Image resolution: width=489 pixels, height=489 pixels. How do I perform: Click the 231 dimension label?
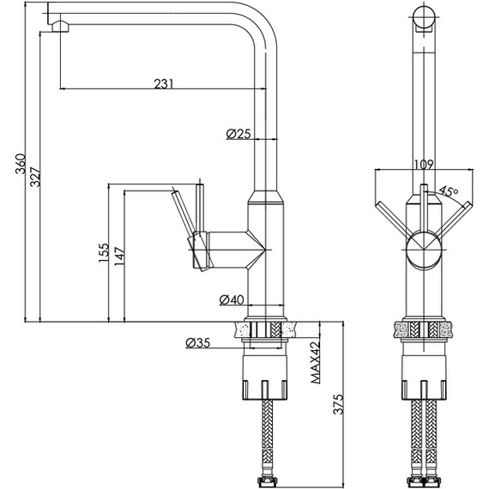(163, 83)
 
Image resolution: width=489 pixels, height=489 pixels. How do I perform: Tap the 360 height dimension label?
(21, 163)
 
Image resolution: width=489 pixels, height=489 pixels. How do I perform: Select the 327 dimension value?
(35, 177)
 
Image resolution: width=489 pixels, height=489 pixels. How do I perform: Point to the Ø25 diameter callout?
(238, 134)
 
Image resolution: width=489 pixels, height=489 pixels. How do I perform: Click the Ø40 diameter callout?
(232, 299)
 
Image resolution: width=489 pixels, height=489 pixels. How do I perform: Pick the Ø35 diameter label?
(198, 343)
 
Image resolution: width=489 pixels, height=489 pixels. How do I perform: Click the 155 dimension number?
(104, 252)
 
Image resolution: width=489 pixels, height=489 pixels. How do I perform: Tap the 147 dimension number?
(119, 257)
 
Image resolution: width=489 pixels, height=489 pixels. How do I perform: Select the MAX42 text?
(316, 363)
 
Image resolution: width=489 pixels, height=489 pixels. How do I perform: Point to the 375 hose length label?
(338, 404)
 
